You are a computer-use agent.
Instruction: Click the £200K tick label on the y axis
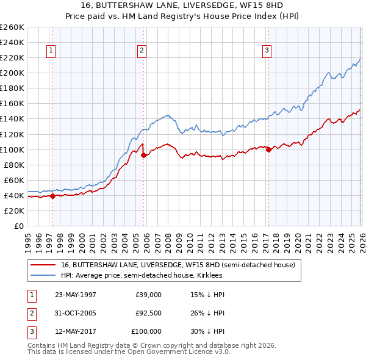(x=12, y=73)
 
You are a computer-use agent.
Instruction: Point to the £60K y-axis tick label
(x=14, y=180)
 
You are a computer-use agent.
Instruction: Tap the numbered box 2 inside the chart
(x=141, y=51)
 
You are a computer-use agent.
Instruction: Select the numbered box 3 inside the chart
(x=267, y=51)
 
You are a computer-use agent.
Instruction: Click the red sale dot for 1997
(x=53, y=196)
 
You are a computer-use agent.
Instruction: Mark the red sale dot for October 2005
(x=144, y=155)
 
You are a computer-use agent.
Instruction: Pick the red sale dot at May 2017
(x=268, y=149)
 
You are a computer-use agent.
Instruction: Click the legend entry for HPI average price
(x=142, y=276)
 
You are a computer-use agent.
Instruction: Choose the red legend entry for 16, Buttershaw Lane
(x=178, y=265)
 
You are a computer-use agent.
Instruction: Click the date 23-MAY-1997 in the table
(x=75, y=295)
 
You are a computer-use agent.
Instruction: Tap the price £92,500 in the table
(x=148, y=313)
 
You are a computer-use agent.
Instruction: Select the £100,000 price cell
(x=146, y=331)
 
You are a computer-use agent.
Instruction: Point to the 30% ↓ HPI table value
(x=207, y=331)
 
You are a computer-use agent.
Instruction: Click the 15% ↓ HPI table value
(x=207, y=295)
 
